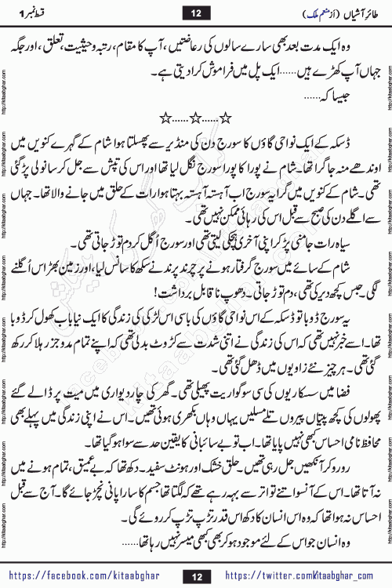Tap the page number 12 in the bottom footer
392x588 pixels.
point(195,576)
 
